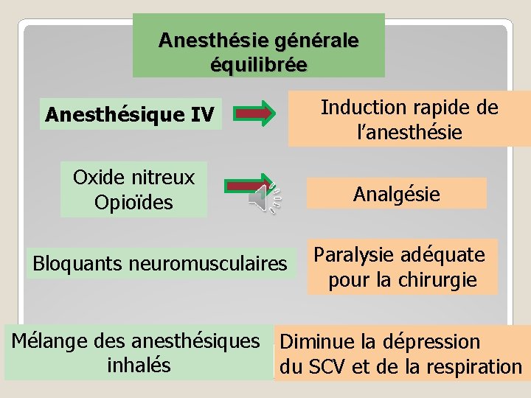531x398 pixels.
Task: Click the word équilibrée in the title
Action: click(259, 64)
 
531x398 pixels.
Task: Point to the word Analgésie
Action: click(397, 194)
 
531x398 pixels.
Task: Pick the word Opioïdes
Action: click(133, 202)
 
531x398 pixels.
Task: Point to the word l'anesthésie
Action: click(409, 133)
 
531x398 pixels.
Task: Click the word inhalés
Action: click(139, 365)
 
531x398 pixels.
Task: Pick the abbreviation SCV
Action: click(323, 366)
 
